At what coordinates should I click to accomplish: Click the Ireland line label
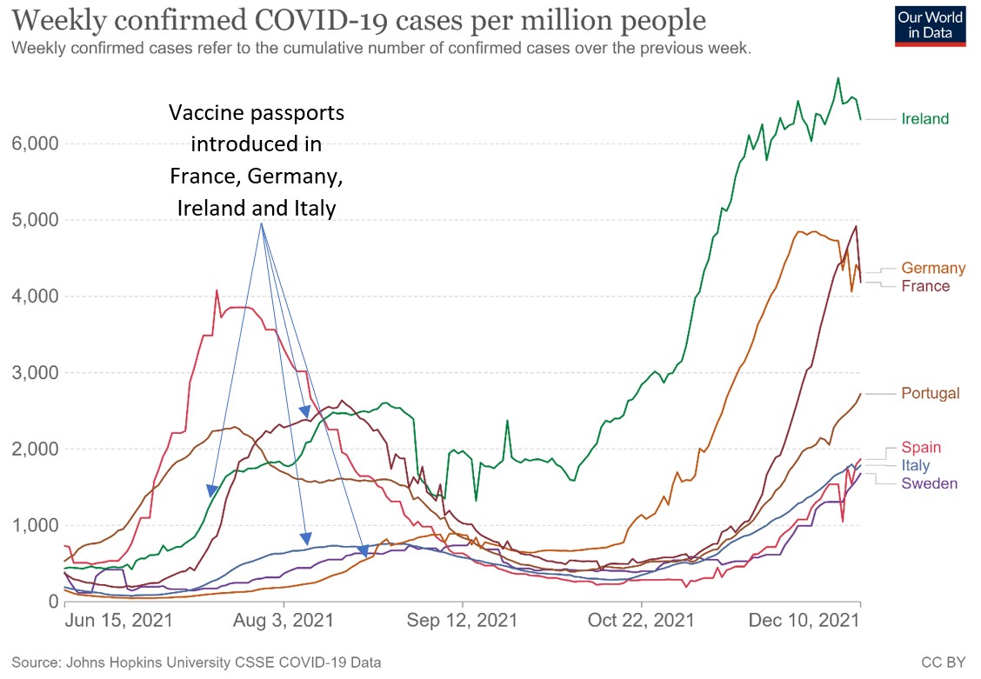(x=924, y=119)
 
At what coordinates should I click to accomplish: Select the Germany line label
(x=933, y=268)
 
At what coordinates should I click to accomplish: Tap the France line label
(x=925, y=286)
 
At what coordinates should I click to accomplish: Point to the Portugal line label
(x=931, y=393)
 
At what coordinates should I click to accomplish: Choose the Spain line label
(x=921, y=448)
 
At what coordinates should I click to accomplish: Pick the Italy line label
(x=915, y=466)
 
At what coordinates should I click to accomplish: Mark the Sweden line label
(x=929, y=483)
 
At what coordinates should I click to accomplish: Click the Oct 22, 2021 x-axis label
(x=641, y=621)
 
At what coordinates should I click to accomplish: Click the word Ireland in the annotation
(x=208, y=209)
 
